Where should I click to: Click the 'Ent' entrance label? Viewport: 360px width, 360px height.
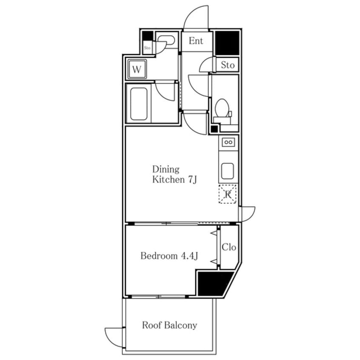[x=196, y=41]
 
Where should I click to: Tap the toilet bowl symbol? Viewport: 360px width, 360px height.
[x=222, y=109]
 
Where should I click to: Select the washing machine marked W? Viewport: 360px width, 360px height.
[x=137, y=69]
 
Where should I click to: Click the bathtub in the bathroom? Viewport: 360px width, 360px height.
[x=139, y=104]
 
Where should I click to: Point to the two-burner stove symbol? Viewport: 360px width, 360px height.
[x=228, y=143]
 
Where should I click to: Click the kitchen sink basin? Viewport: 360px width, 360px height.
[x=228, y=171]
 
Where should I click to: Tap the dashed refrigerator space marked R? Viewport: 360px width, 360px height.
[x=228, y=194]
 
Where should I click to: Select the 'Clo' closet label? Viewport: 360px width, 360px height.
[x=229, y=247]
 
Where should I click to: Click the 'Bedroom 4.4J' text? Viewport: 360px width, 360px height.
[x=169, y=256]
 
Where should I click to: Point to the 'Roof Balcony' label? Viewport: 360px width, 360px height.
[x=169, y=325]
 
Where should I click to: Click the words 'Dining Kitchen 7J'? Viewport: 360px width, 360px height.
[x=174, y=174]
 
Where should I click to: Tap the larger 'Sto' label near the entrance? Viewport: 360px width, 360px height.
[x=228, y=65]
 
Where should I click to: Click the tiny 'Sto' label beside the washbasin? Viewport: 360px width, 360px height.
[x=147, y=48]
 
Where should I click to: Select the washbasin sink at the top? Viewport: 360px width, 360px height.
[x=166, y=40]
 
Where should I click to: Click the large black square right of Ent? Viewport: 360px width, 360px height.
[x=227, y=43]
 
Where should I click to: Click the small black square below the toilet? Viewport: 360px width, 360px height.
[x=214, y=129]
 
